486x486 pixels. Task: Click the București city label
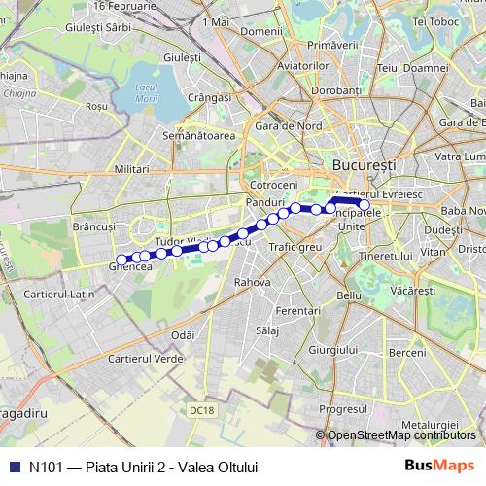(x=364, y=166)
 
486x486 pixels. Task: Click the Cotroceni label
(x=273, y=184)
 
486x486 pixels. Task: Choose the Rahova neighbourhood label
(x=252, y=281)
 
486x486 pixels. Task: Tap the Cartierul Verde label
(x=147, y=359)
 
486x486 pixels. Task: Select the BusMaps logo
(x=438, y=466)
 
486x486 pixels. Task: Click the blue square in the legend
(x=14, y=467)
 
